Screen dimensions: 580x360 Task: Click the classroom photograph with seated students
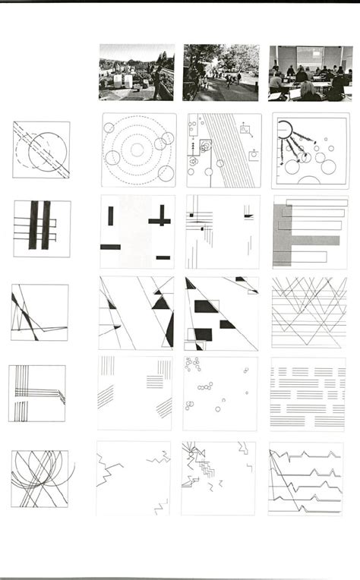coord(309,73)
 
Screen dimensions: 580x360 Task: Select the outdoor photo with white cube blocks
coord(137,73)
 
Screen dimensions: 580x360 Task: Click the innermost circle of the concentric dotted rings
coord(137,150)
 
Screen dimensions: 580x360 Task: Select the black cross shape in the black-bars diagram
coord(160,219)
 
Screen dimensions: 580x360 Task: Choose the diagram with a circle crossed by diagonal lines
coord(41,150)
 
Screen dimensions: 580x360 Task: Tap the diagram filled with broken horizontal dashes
coord(308,393)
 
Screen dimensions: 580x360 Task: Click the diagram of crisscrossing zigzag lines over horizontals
coord(308,311)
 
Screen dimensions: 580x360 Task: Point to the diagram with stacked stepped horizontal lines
coord(307,479)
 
